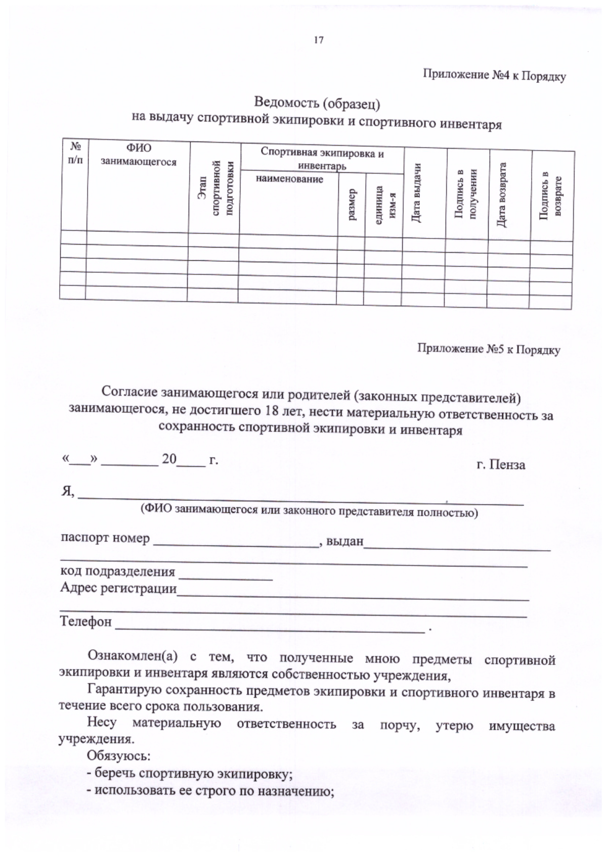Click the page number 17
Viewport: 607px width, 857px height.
click(319, 40)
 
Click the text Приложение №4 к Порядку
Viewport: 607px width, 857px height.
click(494, 76)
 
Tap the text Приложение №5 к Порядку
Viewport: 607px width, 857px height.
click(488, 349)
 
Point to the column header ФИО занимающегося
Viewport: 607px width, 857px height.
click(139, 155)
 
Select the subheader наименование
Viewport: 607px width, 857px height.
click(289, 179)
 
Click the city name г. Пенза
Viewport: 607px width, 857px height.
click(501, 465)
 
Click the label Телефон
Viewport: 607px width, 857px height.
click(86, 622)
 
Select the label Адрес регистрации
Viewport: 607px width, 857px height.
click(118, 588)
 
